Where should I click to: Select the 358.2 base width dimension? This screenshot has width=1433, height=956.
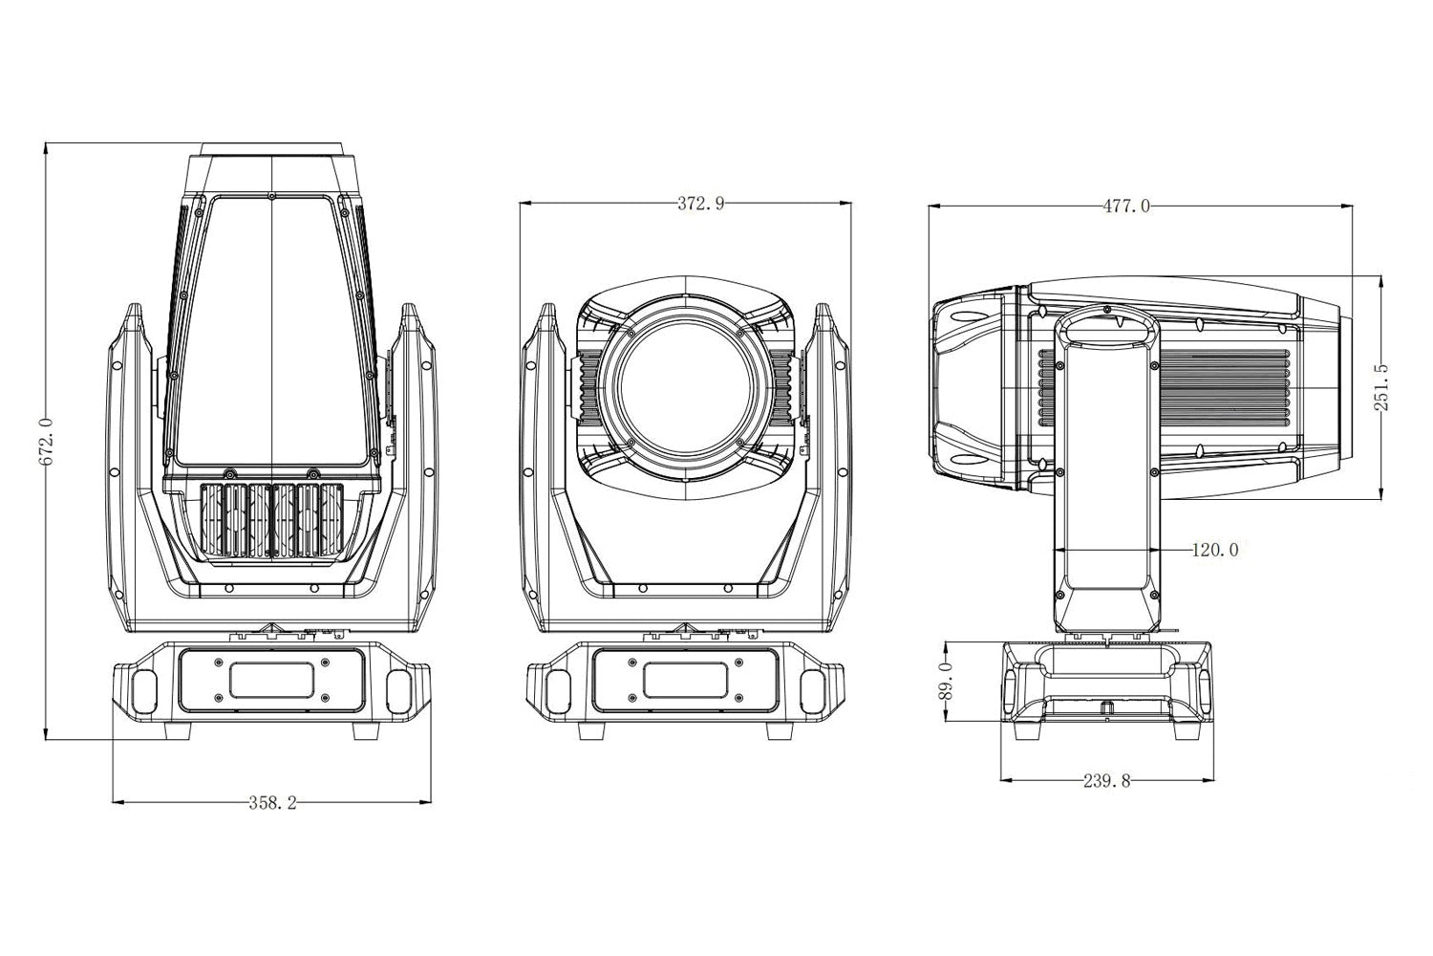(x=273, y=803)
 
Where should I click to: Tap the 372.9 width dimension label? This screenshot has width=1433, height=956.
(x=700, y=204)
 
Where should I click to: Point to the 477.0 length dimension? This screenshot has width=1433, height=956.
(x=1126, y=206)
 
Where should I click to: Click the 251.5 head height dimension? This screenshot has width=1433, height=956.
(x=1380, y=387)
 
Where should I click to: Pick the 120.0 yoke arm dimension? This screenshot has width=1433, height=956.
(x=1215, y=550)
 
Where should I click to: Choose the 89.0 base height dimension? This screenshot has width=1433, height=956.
(x=948, y=682)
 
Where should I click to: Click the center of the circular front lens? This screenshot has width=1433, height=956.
(x=685, y=388)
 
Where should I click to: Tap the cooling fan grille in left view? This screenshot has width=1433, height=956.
(x=272, y=520)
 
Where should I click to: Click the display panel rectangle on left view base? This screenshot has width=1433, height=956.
(x=272, y=680)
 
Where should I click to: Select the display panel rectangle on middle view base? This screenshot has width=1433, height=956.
(x=685, y=680)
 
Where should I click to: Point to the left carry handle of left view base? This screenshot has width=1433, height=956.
(x=143, y=691)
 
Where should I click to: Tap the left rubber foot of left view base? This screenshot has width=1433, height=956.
(x=178, y=731)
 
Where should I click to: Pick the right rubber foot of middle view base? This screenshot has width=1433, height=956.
(x=780, y=731)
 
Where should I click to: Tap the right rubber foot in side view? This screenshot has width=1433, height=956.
(x=1188, y=730)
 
